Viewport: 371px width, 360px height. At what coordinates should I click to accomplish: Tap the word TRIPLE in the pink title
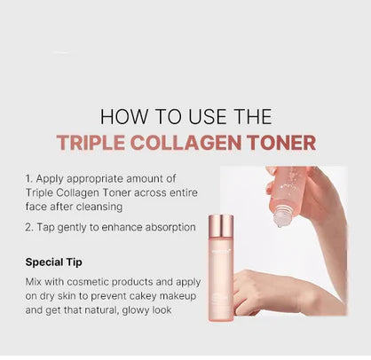point(85,143)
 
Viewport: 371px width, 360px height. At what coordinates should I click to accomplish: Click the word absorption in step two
point(165,227)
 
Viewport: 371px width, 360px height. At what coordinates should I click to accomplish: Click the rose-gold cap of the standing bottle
point(222,224)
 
